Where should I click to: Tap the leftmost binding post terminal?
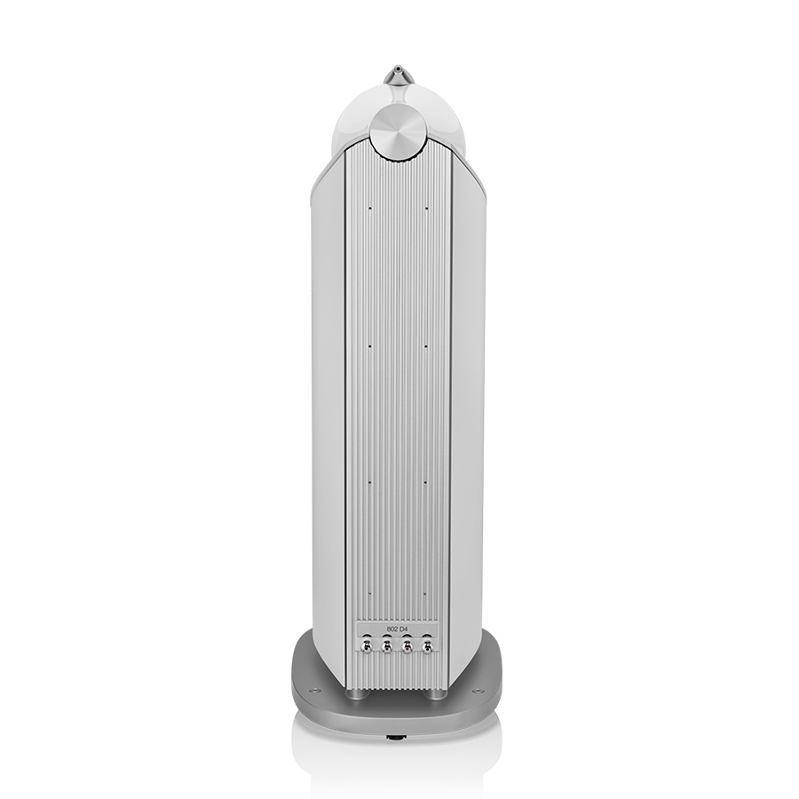click(x=367, y=646)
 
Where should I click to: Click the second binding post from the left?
click(x=387, y=646)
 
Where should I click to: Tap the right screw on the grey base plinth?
click(x=478, y=692)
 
